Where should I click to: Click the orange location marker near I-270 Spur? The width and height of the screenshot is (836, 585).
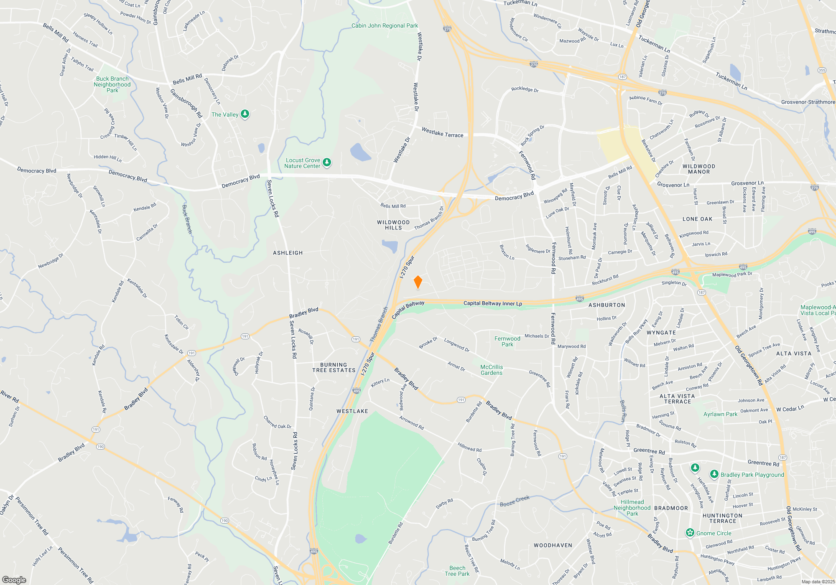click(x=418, y=282)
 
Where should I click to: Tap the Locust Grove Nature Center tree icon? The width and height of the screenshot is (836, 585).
click(x=327, y=162)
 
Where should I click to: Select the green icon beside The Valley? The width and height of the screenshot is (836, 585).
click(x=245, y=114)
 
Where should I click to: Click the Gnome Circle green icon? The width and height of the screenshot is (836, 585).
click(x=690, y=533)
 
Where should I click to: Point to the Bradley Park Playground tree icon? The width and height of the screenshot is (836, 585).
click(x=714, y=474)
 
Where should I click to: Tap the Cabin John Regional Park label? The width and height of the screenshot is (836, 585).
click(x=385, y=25)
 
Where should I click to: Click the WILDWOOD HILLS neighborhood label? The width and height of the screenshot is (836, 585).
click(x=393, y=225)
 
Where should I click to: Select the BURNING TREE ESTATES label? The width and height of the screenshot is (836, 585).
click(x=334, y=367)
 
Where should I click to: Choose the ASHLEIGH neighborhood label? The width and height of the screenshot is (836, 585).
click(x=288, y=253)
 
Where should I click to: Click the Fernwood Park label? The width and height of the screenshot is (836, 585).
click(x=507, y=341)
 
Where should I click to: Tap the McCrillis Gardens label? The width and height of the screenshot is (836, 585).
click(x=492, y=370)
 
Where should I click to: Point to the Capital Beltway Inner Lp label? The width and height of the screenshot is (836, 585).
click(x=492, y=303)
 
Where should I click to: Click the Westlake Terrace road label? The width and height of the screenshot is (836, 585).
click(x=442, y=132)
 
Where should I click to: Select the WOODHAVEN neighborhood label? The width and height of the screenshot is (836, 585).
click(x=553, y=545)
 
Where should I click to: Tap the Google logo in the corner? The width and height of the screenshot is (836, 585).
click(x=14, y=580)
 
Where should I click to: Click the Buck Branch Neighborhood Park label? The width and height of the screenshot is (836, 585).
click(x=112, y=84)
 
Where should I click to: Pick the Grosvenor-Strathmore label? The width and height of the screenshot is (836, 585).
click(x=808, y=102)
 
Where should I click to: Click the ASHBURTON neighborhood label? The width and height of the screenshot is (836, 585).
click(x=607, y=305)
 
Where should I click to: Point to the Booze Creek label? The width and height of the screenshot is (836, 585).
click(x=515, y=501)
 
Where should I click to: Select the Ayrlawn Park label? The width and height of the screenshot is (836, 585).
click(x=720, y=414)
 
